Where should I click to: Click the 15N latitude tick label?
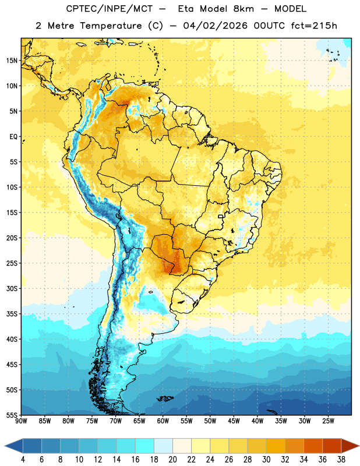click(12, 61)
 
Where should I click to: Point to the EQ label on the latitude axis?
click(13, 137)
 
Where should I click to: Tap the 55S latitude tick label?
click(12, 415)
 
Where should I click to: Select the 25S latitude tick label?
click(12, 263)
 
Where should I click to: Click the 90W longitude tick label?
click(21, 421)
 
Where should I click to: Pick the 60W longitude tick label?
click(163, 421)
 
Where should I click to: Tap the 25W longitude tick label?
click(328, 421)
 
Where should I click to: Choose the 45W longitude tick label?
click(234, 421)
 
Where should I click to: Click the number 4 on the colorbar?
click(23, 460)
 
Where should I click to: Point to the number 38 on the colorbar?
click(341, 460)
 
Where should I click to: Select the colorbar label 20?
click(172, 460)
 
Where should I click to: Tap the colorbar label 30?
click(266, 460)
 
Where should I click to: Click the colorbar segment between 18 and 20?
click(164, 446)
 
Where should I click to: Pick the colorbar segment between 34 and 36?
click(313, 446)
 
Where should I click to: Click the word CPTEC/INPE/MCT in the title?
click(110, 9)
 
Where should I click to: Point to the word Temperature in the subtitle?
click(111, 26)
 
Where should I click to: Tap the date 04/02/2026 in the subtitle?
click(215, 26)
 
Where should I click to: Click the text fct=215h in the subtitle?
click(314, 26)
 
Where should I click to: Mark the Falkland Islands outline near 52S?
click(165, 398)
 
